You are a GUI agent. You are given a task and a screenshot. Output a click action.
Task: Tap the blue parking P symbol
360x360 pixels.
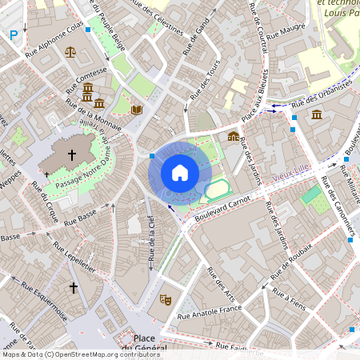tap(13, 34)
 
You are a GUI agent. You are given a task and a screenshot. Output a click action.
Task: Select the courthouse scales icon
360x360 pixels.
tap(71, 52)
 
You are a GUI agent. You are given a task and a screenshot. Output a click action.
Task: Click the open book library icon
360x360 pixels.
tap(136, 109)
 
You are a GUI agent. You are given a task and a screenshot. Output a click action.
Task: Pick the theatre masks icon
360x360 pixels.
tap(166, 299)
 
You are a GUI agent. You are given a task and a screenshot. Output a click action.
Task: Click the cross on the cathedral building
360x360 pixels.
tap(72, 154)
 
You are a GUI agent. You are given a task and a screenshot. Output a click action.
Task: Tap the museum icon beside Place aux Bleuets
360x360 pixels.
tap(233, 137)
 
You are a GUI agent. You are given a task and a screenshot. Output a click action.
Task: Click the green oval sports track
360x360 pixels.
tap(217, 190)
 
